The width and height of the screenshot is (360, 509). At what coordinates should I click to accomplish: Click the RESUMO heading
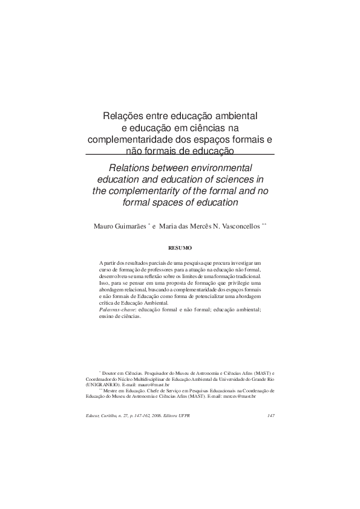tap(180, 247)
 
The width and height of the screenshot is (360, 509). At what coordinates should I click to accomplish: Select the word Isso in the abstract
tap(103, 282)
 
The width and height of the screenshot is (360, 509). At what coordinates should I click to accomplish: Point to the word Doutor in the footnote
tap(111, 374)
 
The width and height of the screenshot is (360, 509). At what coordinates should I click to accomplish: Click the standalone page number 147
tap(271, 415)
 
